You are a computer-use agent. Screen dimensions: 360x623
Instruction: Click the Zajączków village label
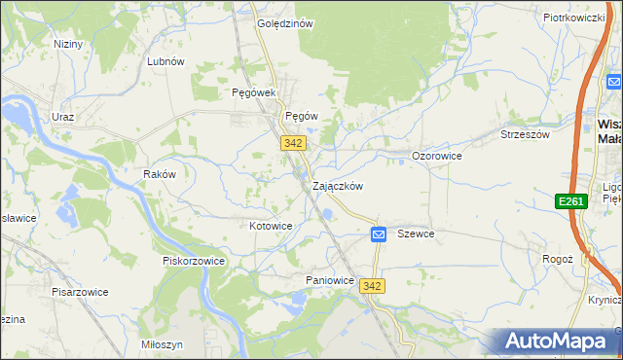tap(338, 186)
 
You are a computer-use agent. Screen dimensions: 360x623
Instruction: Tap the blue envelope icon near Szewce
tap(379, 234)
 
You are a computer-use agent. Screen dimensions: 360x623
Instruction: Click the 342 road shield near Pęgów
tap(294, 143)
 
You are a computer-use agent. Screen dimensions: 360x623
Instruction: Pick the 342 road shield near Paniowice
tap(371, 286)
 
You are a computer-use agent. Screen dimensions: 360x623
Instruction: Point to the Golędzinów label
tap(283, 24)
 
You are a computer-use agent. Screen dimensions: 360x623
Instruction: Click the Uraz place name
tap(63, 117)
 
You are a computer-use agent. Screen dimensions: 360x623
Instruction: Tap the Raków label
tap(159, 174)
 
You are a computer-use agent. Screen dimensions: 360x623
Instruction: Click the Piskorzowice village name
tap(194, 261)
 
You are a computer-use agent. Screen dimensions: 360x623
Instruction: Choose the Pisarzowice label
tap(80, 291)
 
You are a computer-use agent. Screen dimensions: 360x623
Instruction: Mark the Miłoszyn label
tap(162, 345)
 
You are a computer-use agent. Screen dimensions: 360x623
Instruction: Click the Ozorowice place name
tap(437, 156)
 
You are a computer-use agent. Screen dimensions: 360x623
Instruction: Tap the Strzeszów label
tap(525, 134)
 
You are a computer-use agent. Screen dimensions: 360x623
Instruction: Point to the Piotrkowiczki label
tap(575, 18)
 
